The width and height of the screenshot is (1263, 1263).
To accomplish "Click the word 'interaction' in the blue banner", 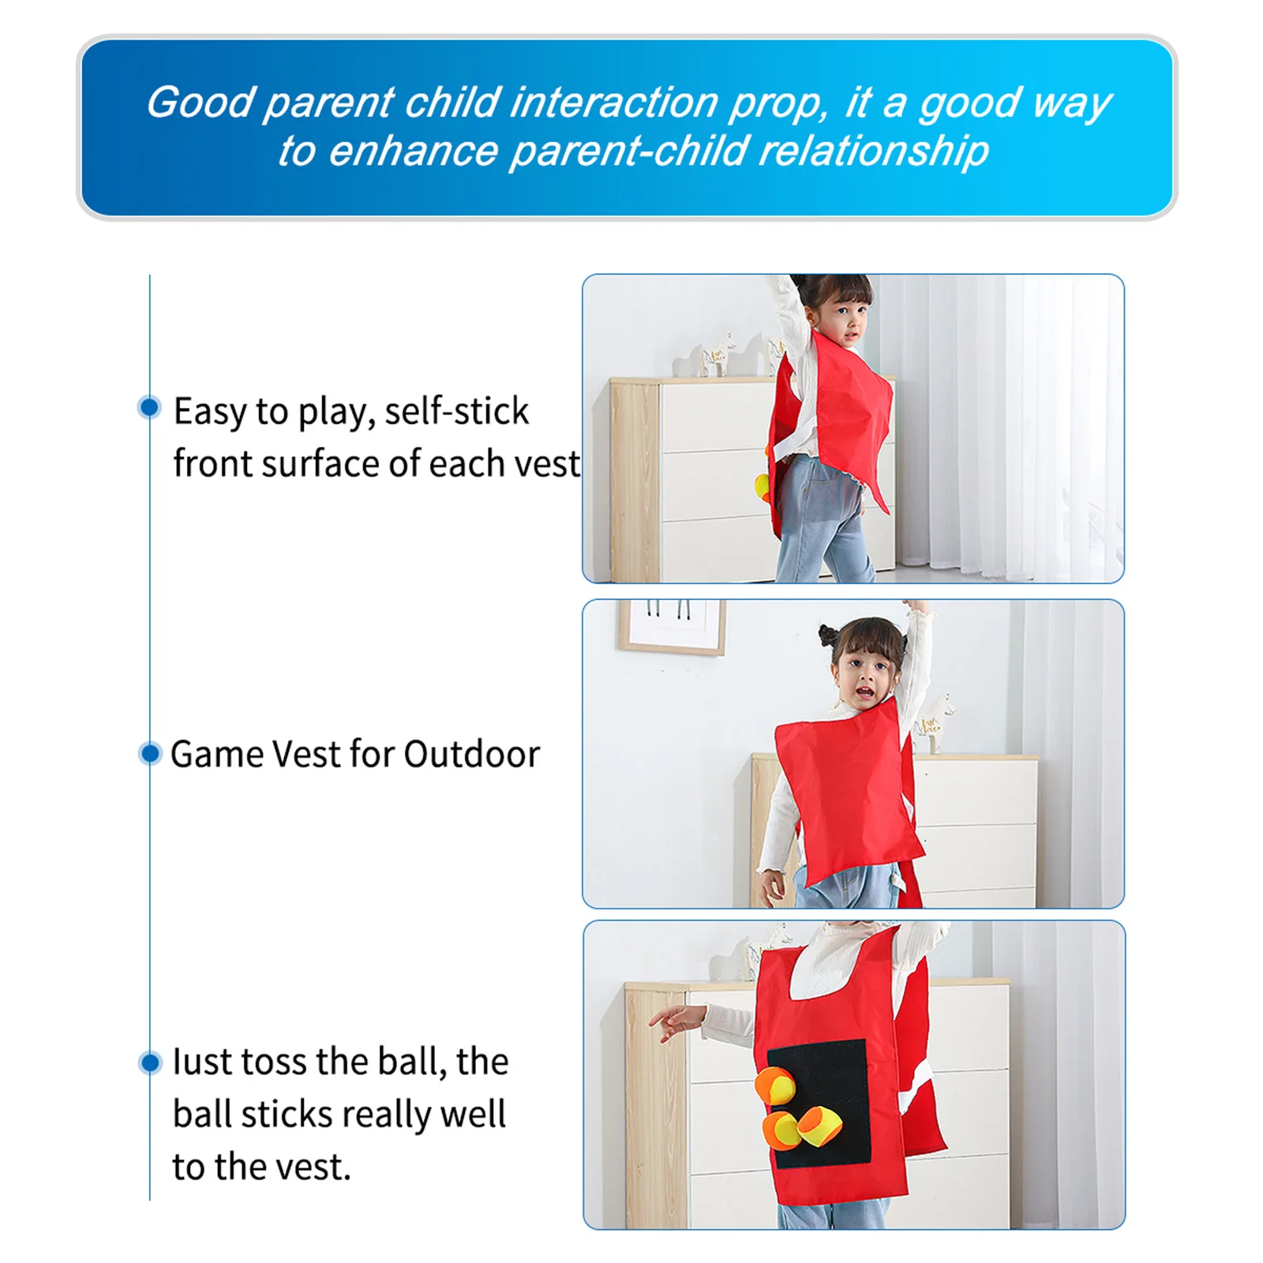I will [x=613, y=103].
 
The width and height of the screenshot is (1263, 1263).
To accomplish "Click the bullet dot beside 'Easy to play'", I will [x=148, y=407].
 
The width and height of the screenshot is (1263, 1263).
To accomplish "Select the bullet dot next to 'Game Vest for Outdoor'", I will [x=148, y=753].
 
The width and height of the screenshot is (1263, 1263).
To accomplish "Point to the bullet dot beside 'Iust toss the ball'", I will [x=149, y=1062].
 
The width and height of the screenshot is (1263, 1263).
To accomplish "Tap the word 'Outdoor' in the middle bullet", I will [x=472, y=754].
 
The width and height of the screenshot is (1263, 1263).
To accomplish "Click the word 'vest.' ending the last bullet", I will [x=305, y=1167].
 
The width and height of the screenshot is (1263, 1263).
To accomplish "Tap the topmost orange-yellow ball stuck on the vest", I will [x=775, y=1087].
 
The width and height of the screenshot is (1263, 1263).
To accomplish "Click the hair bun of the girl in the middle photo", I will [x=827, y=635].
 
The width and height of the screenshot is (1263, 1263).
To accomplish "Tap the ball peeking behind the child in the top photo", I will [x=763, y=487].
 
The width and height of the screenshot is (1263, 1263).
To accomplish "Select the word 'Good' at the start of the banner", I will [x=200, y=103].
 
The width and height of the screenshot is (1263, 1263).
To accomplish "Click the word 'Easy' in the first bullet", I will [x=208, y=411].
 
